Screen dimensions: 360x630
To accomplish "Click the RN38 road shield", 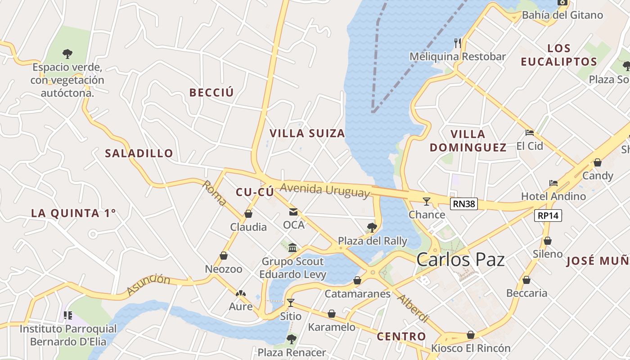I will pos(463,204).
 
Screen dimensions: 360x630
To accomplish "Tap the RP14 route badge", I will pos(548,216).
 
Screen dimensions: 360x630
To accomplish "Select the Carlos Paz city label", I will pos(460,260).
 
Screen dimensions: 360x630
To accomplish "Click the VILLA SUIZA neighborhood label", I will pos(307,133).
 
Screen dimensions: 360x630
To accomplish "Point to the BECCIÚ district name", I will pos(211,93).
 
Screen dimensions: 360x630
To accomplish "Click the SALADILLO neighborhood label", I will pos(139,153).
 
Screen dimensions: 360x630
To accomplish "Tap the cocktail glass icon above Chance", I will pos(427,201).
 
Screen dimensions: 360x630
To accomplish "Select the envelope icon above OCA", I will pos(293,212).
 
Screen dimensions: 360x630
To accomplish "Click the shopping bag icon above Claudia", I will pos(248,214).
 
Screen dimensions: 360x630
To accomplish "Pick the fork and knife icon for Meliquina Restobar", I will pos(458,43).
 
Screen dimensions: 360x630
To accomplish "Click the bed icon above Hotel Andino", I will pos(553,183).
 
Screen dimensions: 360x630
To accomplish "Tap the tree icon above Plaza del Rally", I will pos(372,227).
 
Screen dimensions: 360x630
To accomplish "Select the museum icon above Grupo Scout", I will pos(292,247).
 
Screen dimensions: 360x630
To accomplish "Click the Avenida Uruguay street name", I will pos(325,190).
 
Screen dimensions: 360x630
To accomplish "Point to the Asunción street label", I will pos(148,284).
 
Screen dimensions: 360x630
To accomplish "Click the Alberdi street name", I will pos(413,309).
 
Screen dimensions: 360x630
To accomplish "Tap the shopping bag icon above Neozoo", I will pos(224,256).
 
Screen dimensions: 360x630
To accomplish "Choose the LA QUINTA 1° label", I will pos(73,213).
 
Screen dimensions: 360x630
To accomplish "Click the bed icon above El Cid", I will pos(530,133).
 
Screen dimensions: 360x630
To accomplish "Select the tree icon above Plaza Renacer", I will pos(292,339).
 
